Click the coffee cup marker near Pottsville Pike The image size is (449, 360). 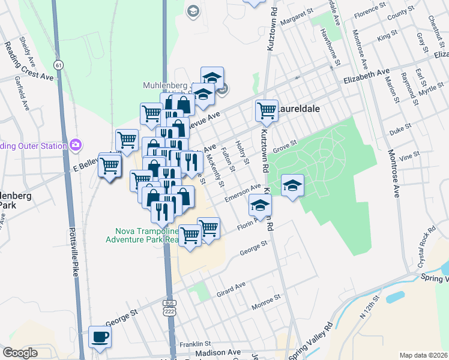pyautogui.click(x=100, y=337)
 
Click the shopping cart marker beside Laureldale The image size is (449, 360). pyautogui.click(x=266, y=110)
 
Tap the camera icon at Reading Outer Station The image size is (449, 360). pyautogui.click(x=76, y=145)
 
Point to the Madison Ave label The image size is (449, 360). pyautogui.click(x=218, y=353)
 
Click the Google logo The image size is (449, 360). pyautogui.click(x=20, y=353)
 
